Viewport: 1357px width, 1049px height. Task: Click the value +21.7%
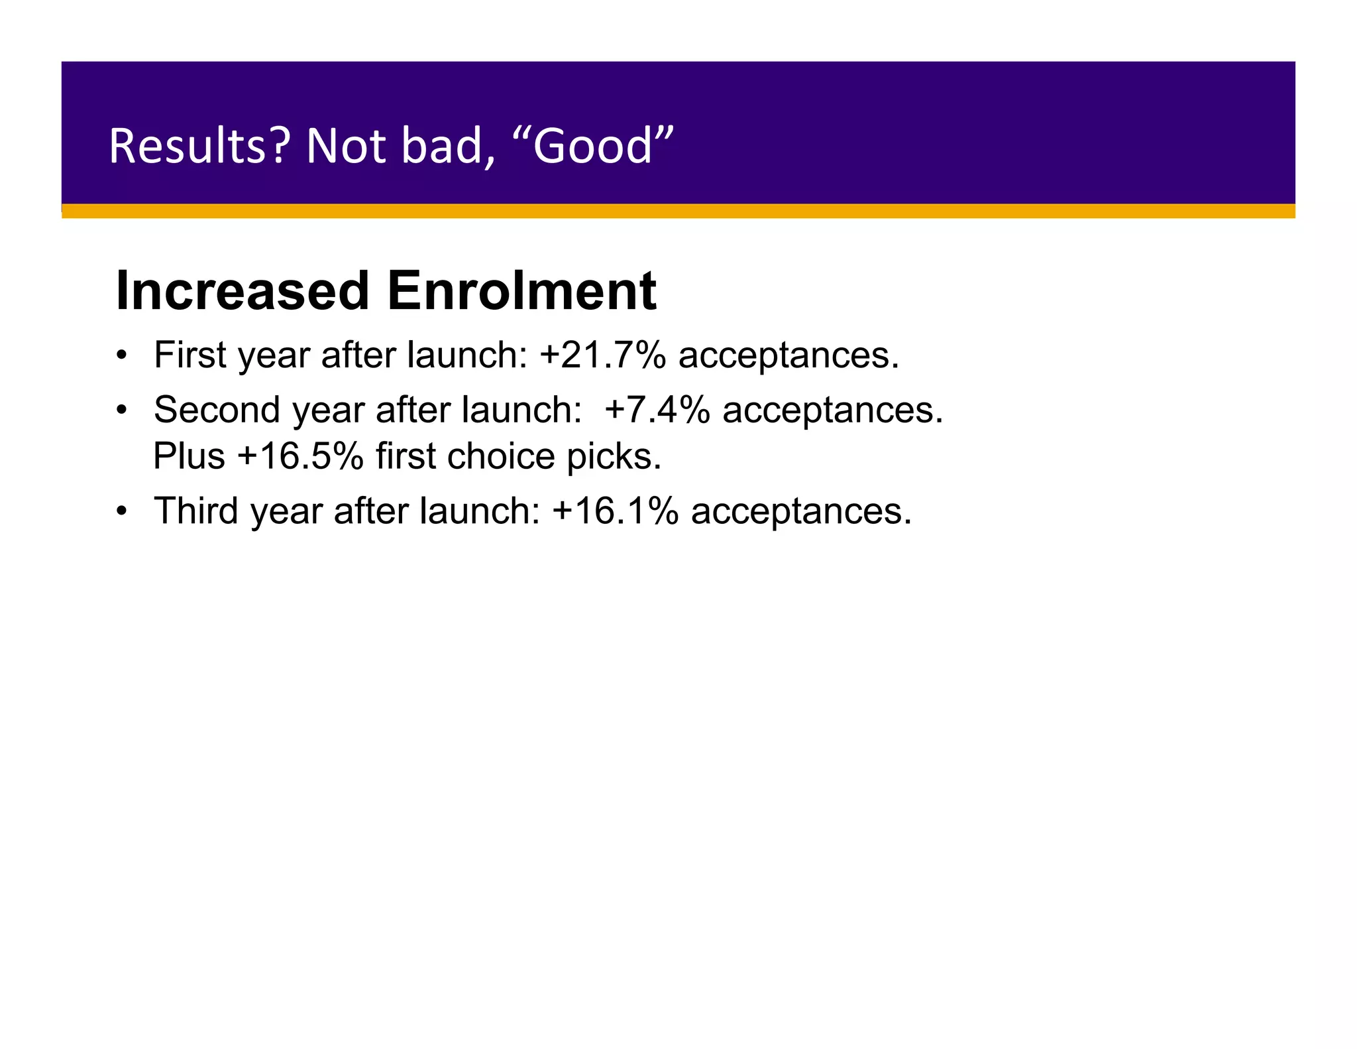(x=602, y=355)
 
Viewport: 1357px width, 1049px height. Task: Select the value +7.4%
(x=657, y=409)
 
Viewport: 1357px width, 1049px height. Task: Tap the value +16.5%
(x=300, y=456)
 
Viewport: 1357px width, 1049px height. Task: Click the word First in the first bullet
(x=190, y=355)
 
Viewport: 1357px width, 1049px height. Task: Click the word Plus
(x=189, y=456)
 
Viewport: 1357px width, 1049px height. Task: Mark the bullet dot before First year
(x=121, y=355)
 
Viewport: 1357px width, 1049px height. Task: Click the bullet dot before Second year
(x=121, y=410)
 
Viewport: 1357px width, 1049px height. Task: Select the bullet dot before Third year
(x=121, y=511)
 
